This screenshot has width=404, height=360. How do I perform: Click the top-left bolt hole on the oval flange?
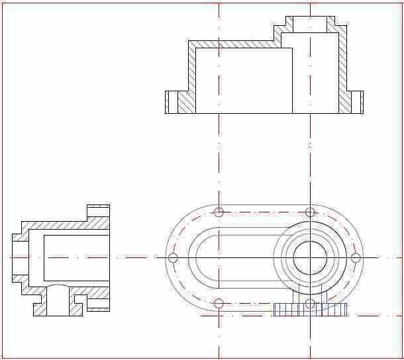point(219,212)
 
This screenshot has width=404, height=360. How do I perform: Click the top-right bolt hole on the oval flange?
point(310,212)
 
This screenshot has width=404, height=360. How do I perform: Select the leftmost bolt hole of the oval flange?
point(174,257)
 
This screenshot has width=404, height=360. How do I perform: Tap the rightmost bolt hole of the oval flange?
point(355,257)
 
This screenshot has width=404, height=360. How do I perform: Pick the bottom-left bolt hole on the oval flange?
point(219,303)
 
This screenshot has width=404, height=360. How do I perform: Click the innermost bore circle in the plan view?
point(310,257)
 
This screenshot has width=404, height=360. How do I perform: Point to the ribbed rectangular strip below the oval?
point(311,310)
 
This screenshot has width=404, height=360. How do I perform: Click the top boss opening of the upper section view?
point(310,24)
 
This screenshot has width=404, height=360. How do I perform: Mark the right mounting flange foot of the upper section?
point(354,102)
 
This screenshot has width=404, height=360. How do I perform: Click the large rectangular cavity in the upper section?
point(244,79)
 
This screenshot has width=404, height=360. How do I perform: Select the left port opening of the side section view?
point(20,257)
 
